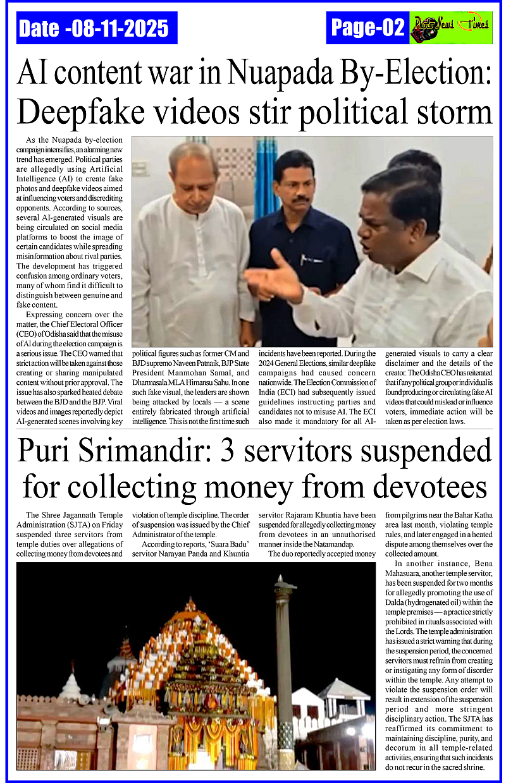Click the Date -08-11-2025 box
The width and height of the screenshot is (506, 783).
click(x=94, y=28)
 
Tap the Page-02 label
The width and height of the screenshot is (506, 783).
click(x=367, y=28)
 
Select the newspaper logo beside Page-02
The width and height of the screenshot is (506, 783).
click(x=450, y=28)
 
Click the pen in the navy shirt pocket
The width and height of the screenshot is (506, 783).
click(x=304, y=259)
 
